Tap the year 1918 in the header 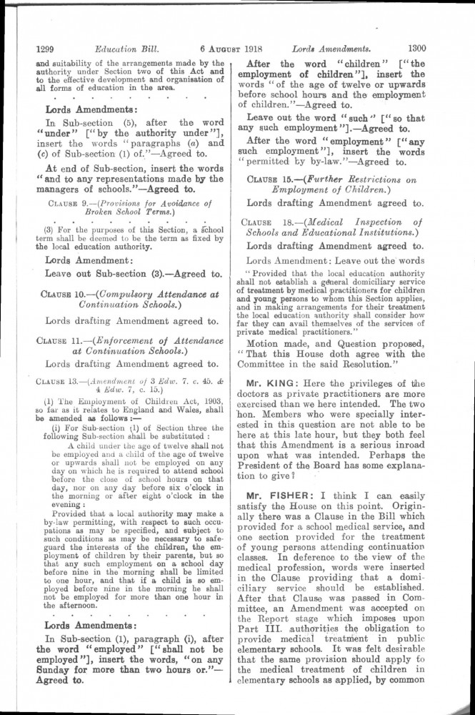point(255,49)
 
